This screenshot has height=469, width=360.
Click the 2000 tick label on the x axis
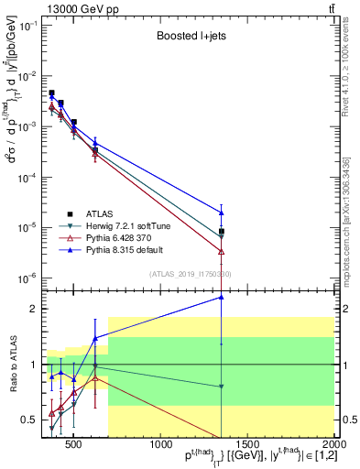click(333, 446)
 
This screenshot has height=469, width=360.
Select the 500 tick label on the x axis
click(73, 446)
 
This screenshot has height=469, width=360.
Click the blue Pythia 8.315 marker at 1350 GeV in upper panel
click(222, 213)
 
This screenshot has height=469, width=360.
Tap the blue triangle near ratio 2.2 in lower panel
click(222, 297)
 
